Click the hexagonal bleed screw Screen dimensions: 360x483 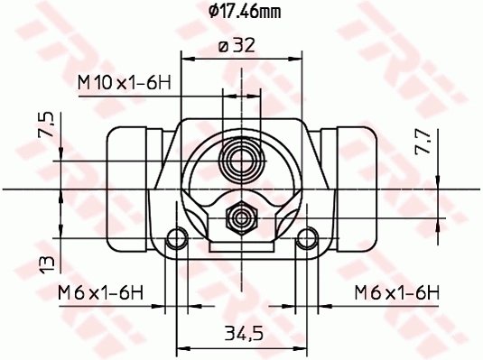(x=241, y=216)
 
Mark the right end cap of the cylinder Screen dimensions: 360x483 (x=358, y=189)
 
